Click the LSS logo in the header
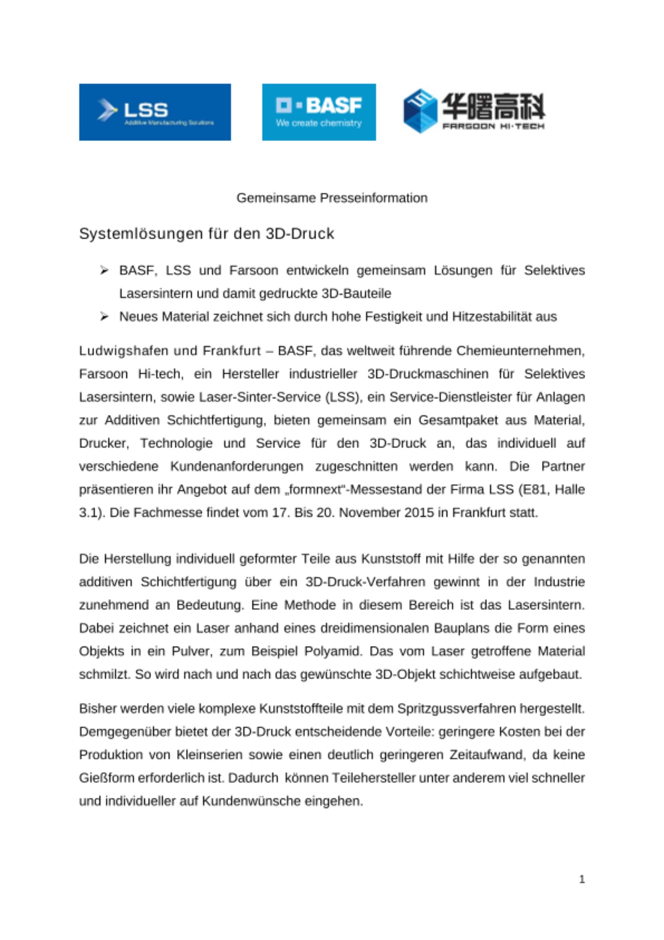point(155,112)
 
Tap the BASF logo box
point(319,112)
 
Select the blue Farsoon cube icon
point(420,111)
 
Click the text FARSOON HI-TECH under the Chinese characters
point(493,126)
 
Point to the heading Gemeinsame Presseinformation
point(332,198)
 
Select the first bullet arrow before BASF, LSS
point(104,270)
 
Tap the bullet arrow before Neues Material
point(104,317)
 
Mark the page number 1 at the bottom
point(582,879)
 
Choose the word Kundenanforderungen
point(236,467)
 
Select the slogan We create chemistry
point(319,123)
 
